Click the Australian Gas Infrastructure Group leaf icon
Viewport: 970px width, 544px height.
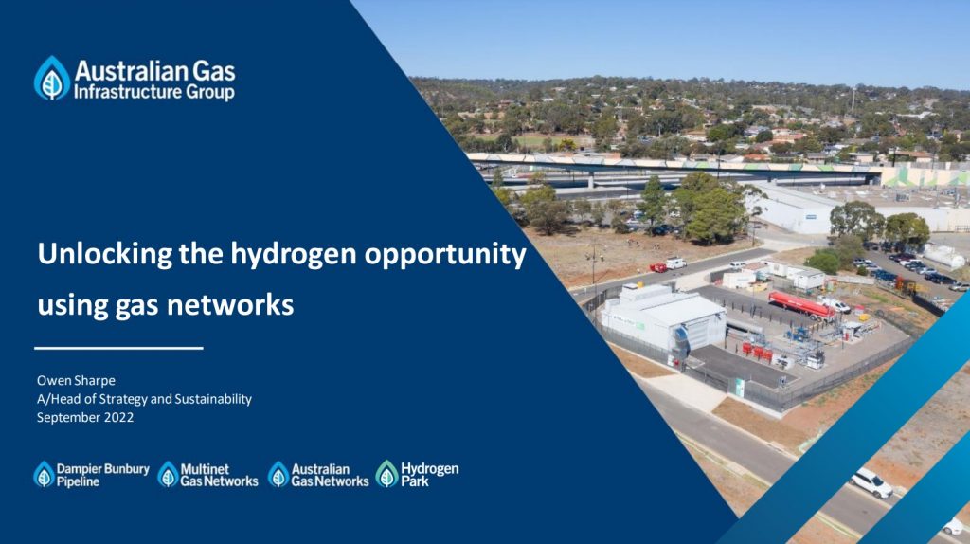52,78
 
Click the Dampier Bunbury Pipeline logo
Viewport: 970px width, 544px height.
91,474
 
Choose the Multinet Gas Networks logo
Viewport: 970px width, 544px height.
207,474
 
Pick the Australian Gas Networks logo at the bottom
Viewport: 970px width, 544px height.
318,474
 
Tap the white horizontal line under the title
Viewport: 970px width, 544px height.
119,348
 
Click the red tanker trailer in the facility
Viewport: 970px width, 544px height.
800,303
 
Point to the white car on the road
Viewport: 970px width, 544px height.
871,482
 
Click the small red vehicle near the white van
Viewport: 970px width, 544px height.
657,267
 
